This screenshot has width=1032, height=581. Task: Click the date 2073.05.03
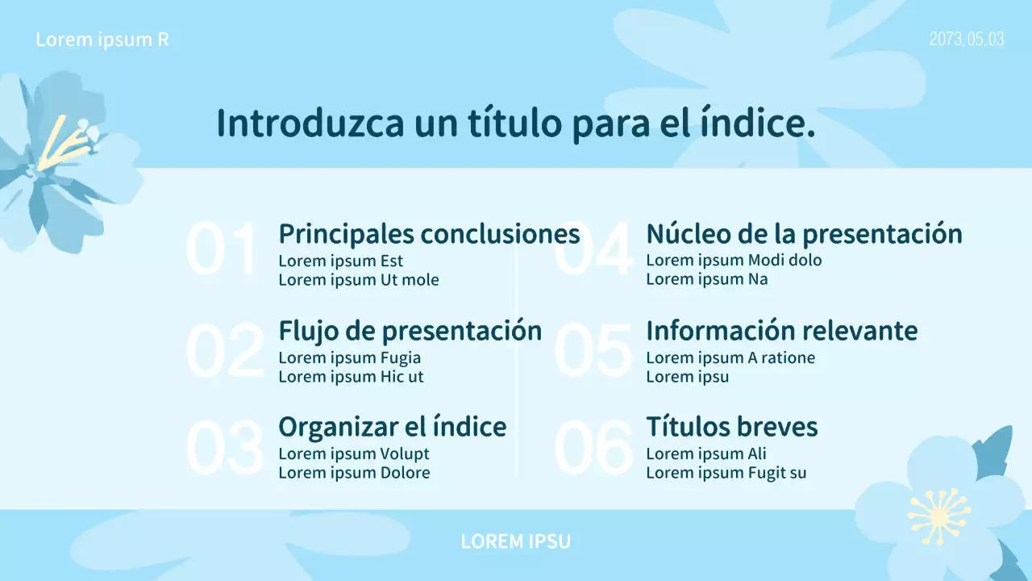(966, 39)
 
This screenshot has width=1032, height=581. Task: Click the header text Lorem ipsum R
(102, 40)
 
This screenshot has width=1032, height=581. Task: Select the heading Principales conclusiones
(429, 234)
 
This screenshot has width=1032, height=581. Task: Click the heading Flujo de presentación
(410, 331)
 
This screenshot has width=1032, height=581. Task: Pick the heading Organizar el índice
(392, 427)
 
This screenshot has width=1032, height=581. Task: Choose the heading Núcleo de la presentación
(804, 234)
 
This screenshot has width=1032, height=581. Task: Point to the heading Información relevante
(781, 331)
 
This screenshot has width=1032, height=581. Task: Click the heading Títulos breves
(731, 427)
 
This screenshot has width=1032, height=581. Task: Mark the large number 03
(224, 447)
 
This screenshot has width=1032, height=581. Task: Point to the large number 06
(593, 447)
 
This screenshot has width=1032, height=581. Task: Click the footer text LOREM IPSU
(515, 541)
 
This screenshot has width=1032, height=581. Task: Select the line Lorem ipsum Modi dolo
(734, 260)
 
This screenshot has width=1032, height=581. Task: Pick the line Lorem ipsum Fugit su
(726, 473)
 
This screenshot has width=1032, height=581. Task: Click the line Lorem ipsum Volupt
(354, 454)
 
